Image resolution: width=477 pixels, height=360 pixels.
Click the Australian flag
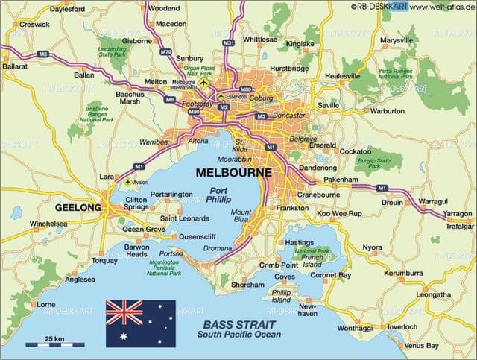click(x=140, y=323)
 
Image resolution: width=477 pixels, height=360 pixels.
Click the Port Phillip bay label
click(x=220, y=195)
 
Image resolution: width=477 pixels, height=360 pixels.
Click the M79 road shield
click(x=165, y=52)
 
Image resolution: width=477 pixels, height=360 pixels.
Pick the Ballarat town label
click(x=16, y=66)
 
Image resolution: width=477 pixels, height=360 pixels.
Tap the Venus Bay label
click(x=421, y=346)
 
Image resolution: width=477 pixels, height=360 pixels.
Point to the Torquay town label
click(x=104, y=261)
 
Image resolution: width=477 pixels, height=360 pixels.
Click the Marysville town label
click(x=396, y=40)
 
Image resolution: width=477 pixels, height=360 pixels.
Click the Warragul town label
click(x=433, y=201)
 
